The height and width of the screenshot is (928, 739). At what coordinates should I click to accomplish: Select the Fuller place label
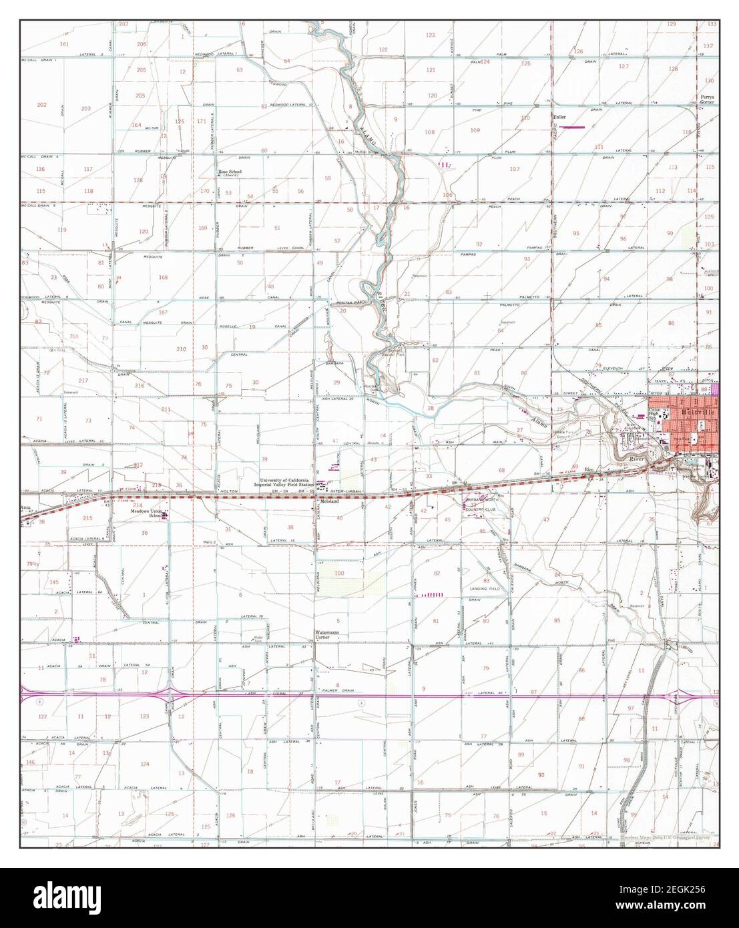(559, 118)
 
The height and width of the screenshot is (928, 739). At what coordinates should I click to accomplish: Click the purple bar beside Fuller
(575, 127)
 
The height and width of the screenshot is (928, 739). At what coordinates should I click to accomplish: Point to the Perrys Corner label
(708, 99)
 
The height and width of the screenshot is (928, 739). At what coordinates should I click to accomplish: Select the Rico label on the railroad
(589, 469)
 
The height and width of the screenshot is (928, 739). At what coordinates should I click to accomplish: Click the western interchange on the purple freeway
(171, 695)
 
